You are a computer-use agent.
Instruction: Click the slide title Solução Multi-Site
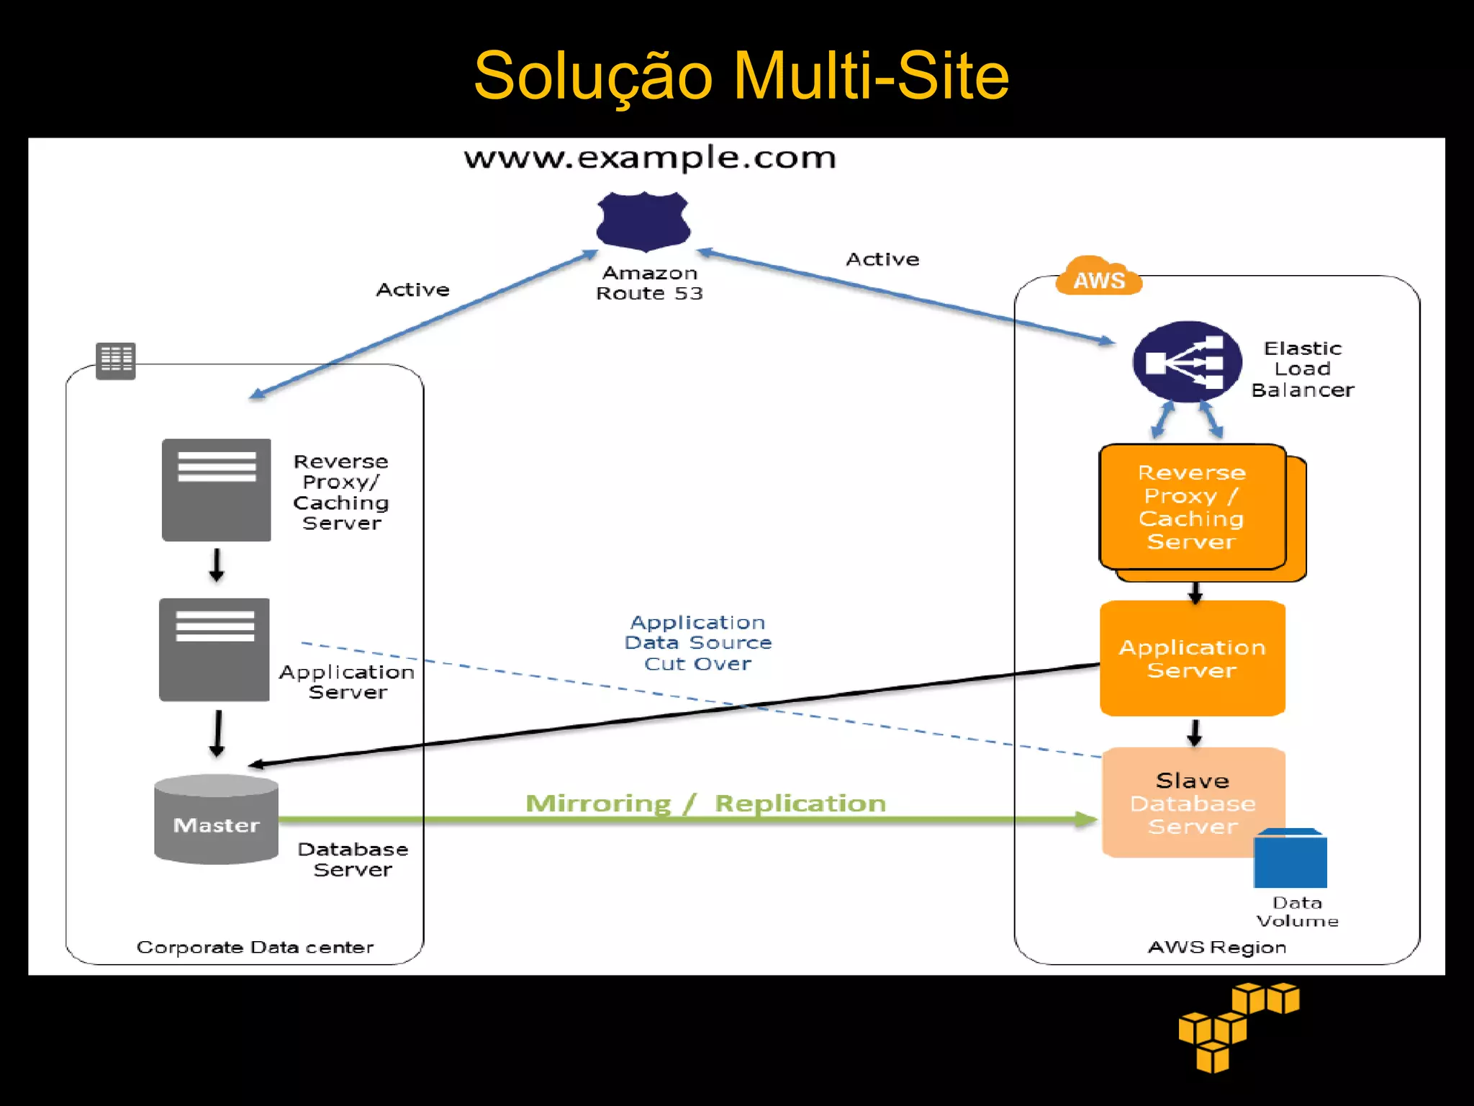741,76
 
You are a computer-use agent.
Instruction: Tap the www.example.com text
650,158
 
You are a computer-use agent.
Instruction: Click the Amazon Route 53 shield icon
643,221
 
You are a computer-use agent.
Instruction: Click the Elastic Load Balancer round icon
1187,362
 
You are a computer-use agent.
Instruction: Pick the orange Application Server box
1192,658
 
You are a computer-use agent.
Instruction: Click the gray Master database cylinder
216,819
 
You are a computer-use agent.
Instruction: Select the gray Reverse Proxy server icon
216,490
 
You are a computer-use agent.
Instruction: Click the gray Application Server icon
214,649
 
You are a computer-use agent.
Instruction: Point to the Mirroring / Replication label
705,804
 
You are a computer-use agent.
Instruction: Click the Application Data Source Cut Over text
697,643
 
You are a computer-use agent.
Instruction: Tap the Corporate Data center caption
255,947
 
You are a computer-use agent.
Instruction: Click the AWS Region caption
1216,947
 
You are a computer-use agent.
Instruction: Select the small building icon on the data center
116,360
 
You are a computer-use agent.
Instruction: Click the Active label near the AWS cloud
882,259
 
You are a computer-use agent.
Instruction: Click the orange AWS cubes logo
1238,1026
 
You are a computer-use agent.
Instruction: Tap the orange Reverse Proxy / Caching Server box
1192,507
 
